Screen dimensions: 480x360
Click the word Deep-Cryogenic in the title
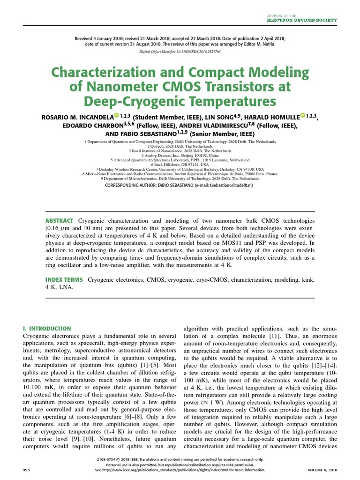tap(133, 101)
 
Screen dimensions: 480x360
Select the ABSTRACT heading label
tap(59, 221)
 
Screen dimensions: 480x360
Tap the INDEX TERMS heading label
tap(64, 280)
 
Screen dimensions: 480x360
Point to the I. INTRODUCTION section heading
tap(47, 329)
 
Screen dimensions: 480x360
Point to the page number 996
tap(26, 470)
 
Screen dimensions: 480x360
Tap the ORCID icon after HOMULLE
tap(303, 116)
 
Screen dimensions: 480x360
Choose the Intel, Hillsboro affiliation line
tap(180, 165)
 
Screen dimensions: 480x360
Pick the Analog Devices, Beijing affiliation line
tap(180, 155)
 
